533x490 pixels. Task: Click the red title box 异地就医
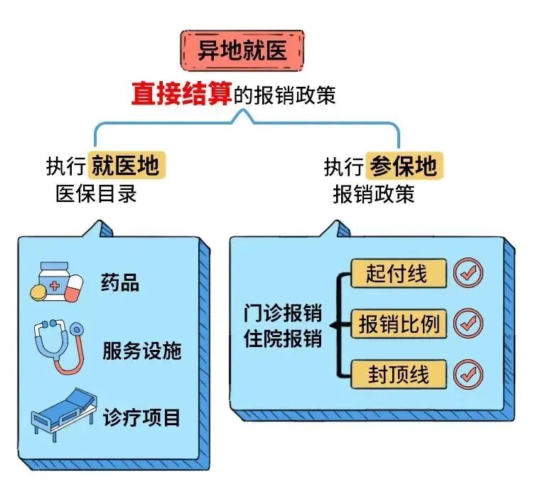241,49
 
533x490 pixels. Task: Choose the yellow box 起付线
399,274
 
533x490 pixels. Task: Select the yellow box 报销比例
399,324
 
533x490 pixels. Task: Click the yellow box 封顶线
399,374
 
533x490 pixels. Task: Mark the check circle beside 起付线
468,272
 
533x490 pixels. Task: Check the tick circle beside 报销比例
468,324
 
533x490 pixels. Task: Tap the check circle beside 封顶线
468,374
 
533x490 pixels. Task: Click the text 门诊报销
282,313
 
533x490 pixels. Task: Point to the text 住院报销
282,339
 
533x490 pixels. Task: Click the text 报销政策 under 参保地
373,193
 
